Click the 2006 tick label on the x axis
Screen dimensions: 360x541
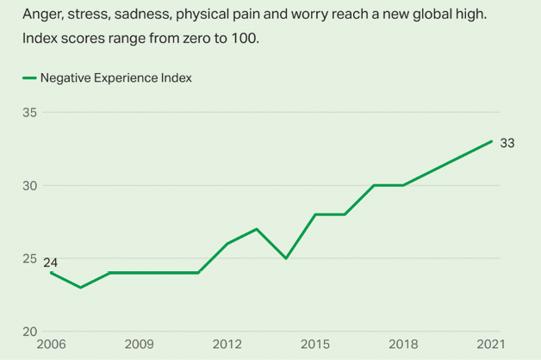pyautogui.click(x=52, y=344)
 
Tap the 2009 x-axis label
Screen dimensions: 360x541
pyautogui.click(x=139, y=344)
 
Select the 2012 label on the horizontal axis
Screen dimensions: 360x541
pyautogui.click(x=227, y=344)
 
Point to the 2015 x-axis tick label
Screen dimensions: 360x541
pyautogui.click(x=315, y=344)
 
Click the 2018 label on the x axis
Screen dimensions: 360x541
pyautogui.click(x=403, y=344)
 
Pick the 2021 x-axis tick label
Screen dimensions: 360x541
pyautogui.click(x=491, y=344)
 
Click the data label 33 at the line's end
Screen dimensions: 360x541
pyautogui.click(x=507, y=143)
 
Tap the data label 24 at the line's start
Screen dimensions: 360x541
pyautogui.click(x=51, y=262)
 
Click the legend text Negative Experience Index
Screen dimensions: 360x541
pyautogui.click(x=115, y=78)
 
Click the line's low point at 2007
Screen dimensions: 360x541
pyautogui.click(x=81, y=288)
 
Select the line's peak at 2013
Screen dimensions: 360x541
pyautogui.click(x=257, y=229)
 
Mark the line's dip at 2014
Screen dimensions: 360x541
pyautogui.click(x=286, y=258)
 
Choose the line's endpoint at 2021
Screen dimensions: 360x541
pyautogui.click(x=492, y=141)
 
